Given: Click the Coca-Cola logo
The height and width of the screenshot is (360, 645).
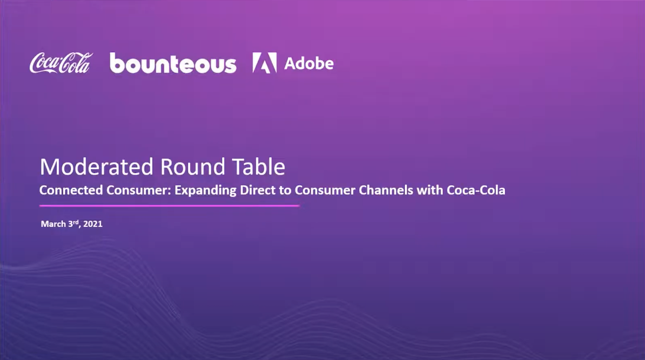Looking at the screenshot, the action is [x=61, y=63].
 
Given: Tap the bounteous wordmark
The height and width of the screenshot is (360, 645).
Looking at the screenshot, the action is [x=173, y=63].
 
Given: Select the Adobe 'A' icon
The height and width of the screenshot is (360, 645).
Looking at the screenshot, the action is [x=265, y=63].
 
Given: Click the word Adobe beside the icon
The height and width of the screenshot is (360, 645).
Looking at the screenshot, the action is [x=309, y=63].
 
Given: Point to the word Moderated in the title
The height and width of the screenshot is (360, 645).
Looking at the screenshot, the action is [x=97, y=166].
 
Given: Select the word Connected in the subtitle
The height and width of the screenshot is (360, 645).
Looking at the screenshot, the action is [x=71, y=190].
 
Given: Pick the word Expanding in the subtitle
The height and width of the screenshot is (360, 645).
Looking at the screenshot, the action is [x=206, y=191].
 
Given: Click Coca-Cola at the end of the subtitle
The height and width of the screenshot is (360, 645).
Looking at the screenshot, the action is [x=476, y=190].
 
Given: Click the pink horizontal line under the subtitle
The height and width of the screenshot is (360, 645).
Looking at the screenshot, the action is [x=169, y=206].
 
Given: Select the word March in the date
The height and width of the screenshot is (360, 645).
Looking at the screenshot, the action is [x=54, y=224].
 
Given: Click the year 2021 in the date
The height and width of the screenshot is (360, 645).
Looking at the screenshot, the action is [x=93, y=224].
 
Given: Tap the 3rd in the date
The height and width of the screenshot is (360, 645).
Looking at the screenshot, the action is [x=74, y=224].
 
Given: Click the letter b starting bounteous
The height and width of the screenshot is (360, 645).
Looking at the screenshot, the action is [x=117, y=62].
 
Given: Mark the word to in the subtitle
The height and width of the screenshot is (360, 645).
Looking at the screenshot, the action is [x=285, y=191].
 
